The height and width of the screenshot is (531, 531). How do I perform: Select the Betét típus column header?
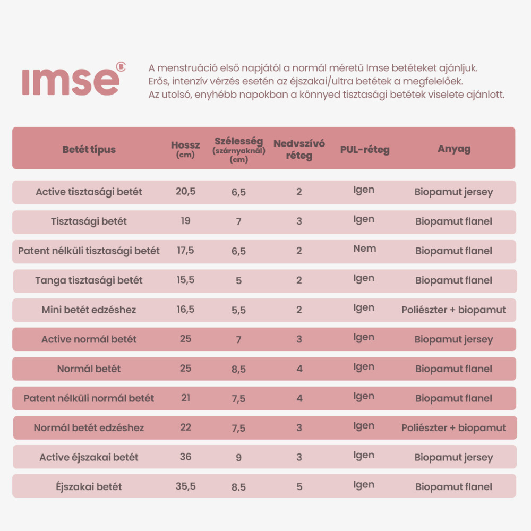click(89, 149)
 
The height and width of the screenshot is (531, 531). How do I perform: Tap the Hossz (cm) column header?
click(185, 149)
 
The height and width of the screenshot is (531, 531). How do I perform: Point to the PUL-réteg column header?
click(365, 150)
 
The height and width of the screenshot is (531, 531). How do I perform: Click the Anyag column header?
click(454, 149)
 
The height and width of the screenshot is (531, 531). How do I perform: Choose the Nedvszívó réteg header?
click(299, 149)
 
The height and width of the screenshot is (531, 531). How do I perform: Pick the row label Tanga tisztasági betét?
click(89, 280)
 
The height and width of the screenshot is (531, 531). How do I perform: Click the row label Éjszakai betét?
click(89, 486)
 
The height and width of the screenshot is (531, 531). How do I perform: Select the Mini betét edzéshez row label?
click(89, 310)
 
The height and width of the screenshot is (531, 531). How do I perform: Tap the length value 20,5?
click(185, 191)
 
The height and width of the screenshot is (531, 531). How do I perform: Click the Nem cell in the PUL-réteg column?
click(364, 249)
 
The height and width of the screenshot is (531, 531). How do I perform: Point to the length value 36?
click(185, 456)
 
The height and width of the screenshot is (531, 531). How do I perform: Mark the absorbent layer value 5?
click(299, 486)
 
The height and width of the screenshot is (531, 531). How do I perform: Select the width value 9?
click(238, 457)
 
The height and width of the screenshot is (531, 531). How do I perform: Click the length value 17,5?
click(185, 250)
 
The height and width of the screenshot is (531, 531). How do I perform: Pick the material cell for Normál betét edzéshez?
click(453, 427)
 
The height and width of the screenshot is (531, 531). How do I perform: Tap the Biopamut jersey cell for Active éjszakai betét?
click(453, 457)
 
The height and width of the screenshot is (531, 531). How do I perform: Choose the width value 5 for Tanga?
click(238, 280)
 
